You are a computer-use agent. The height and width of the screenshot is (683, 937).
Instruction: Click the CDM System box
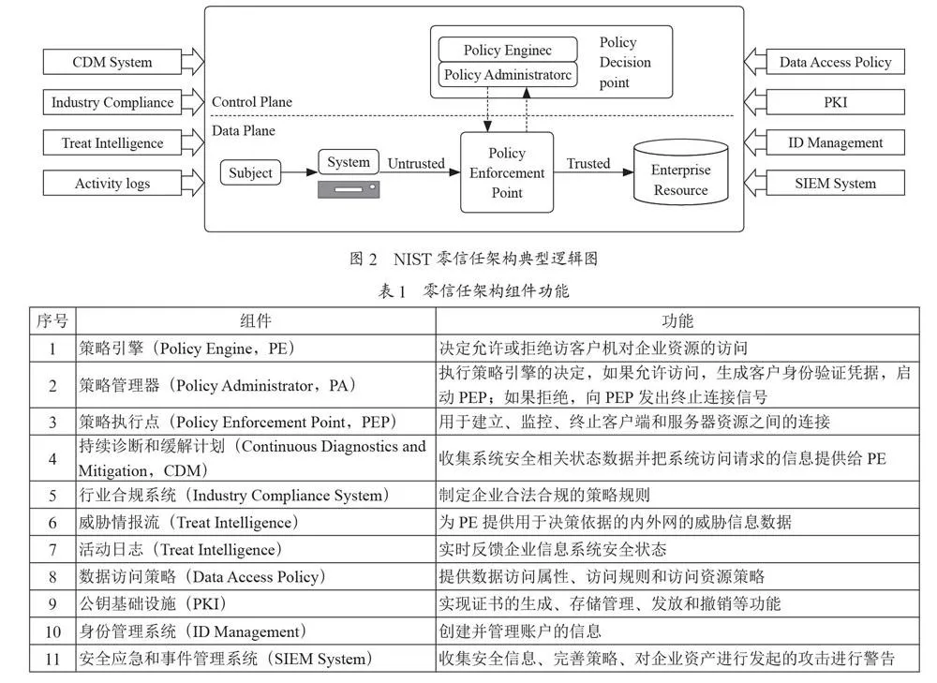click(x=112, y=62)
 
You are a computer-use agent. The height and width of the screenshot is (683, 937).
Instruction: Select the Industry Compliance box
click(x=112, y=102)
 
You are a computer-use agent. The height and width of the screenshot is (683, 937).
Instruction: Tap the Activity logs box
click(x=112, y=183)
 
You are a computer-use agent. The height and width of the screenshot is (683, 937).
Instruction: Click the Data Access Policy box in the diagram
click(x=836, y=62)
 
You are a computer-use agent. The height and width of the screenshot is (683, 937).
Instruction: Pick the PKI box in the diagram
click(x=836, y=102)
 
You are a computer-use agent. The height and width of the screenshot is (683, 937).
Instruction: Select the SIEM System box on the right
click(x=836, y=183)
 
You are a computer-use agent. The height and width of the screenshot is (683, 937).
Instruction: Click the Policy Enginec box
click(x=508, y=50)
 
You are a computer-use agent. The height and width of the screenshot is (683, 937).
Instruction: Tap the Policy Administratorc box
click(x=508, y=75)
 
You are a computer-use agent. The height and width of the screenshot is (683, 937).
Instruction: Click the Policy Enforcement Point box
click(x=507, y=172)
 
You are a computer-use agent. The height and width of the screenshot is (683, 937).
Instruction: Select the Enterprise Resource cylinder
click(x=680, y=172)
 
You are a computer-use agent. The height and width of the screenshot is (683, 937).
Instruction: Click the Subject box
click(x=250, y=172)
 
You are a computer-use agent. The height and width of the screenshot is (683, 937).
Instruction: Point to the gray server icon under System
click(x=349, y=189)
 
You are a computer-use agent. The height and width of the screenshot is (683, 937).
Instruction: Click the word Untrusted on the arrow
click(x=416, y=163)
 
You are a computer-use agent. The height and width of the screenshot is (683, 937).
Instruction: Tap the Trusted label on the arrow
click(x=588, y=163)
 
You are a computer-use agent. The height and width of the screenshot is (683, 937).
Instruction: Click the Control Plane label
click(x=252, y=101)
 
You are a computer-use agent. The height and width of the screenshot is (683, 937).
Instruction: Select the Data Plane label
click(x=244, y=130)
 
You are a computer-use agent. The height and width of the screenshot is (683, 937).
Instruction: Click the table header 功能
click(x=677, y=320)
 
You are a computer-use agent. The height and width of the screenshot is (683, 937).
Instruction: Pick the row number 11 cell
click(x=52, y=659)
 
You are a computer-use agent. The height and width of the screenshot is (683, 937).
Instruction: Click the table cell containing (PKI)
click(x=256, y=603)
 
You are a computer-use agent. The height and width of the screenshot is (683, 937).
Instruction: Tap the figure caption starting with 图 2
click(x=473, y=259)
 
